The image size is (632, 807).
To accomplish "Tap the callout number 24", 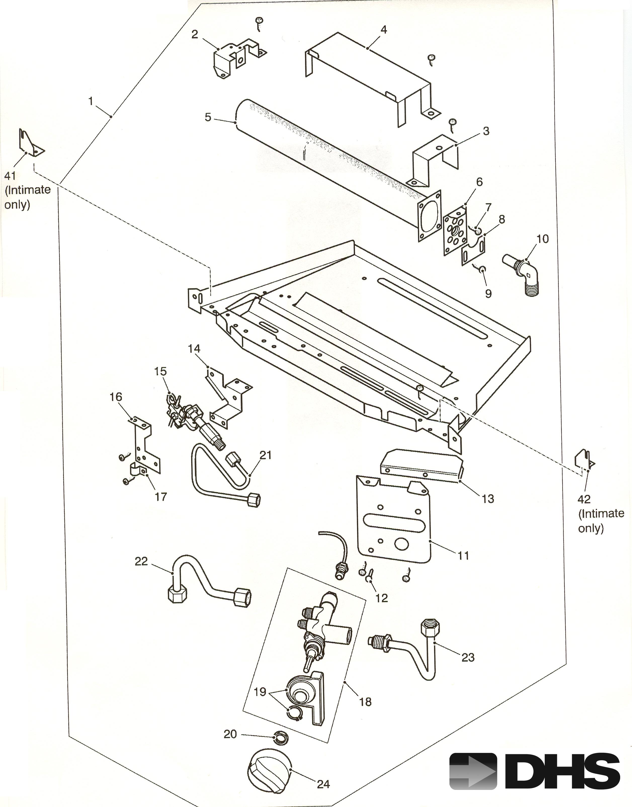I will click(x=323, y=783).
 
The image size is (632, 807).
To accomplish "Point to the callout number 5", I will click(x=208, y=117).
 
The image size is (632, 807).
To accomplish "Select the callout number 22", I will click(x=141, y=561).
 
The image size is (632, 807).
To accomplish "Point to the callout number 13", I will click(x=488, y=499).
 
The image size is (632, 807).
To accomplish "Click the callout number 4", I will click(x=384, y=30).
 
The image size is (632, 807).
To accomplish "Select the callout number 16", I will click(x=116, y=397).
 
